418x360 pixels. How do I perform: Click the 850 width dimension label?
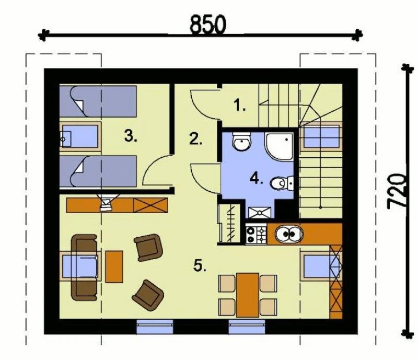[207, 25]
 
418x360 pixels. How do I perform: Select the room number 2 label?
[196, 138]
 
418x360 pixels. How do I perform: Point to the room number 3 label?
[131, 136]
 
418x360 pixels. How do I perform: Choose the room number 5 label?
[200, 265]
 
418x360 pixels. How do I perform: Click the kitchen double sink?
[289, 234]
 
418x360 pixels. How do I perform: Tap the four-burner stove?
[256, 234]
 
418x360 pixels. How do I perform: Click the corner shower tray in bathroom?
[279, 147]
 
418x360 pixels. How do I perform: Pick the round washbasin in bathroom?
[241, 141]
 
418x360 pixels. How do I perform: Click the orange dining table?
[248, 295]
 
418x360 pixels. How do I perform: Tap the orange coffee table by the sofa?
[114, 266]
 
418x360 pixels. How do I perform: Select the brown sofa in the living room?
[84, 267]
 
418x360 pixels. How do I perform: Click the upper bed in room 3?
[98, 101]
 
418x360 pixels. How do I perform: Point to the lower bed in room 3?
[98, 171]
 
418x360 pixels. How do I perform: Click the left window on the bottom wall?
[155, 327]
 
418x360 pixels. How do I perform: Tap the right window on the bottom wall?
[247, 327]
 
